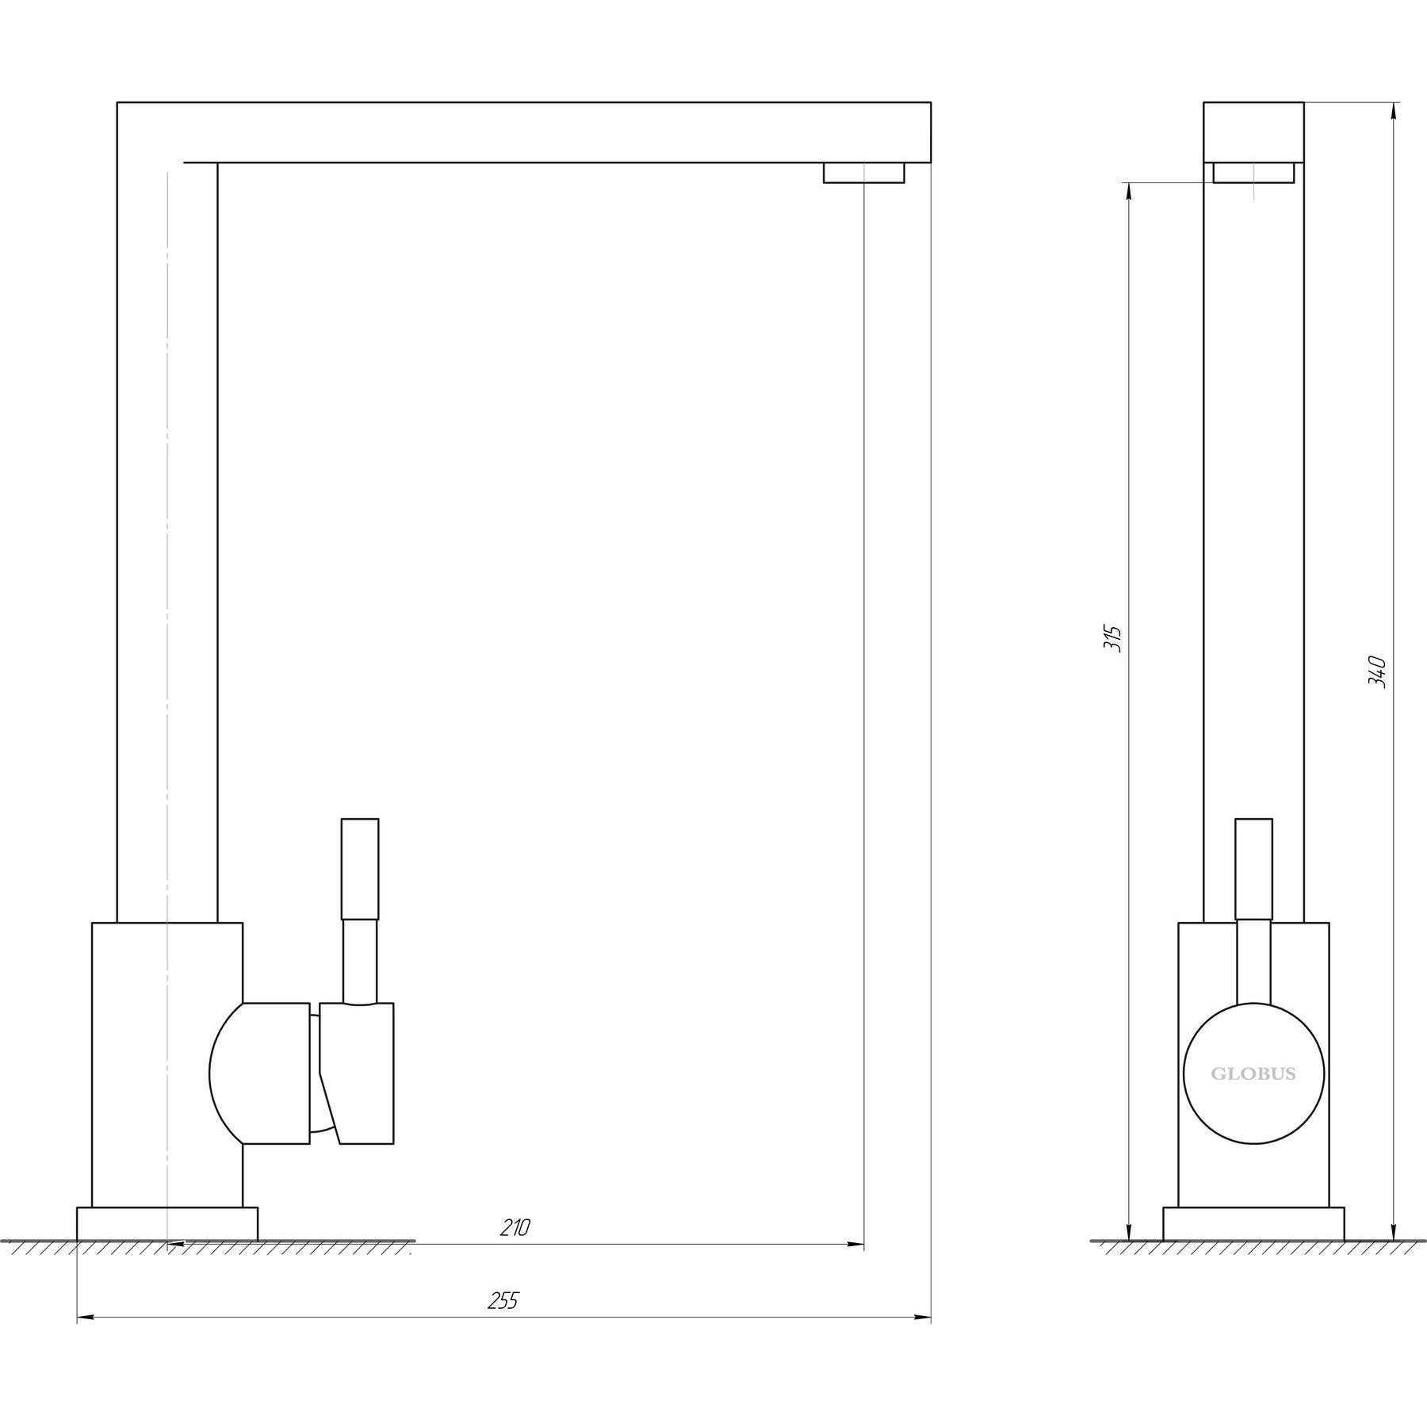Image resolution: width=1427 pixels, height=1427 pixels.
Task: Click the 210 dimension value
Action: [515, 1249]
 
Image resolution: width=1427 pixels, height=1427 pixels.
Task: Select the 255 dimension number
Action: [503, 1301]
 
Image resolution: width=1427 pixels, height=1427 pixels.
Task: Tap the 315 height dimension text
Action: [1113, 638]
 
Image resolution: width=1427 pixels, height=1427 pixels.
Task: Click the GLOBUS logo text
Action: [1253, 1074]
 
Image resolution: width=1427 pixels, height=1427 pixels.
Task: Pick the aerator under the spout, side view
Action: [863, 173]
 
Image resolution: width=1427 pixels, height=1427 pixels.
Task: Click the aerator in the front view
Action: [1253, 173]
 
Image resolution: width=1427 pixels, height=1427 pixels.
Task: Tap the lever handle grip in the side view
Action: [359, 869]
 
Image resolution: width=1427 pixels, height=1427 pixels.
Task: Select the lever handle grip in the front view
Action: [1253, 869]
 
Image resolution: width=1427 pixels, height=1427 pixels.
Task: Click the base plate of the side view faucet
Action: [167, 1245]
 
